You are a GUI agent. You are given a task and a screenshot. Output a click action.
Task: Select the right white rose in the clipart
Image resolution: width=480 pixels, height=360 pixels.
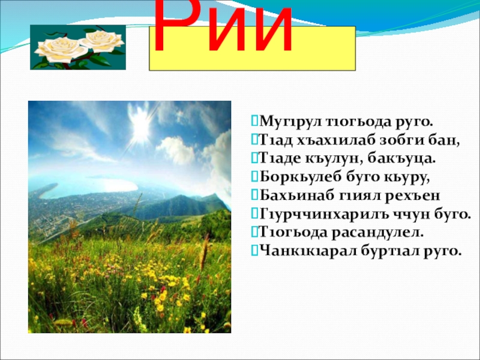point(102,41)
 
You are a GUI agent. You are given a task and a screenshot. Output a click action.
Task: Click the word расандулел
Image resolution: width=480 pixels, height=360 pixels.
point(377,233)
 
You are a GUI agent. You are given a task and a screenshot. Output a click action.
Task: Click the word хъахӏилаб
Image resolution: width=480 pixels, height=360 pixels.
point(334,140)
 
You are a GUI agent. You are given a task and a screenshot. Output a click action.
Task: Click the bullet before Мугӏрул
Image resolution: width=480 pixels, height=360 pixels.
point(254,121)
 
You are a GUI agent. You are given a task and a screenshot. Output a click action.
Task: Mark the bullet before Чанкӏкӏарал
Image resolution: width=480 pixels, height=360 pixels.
point(254,250)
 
